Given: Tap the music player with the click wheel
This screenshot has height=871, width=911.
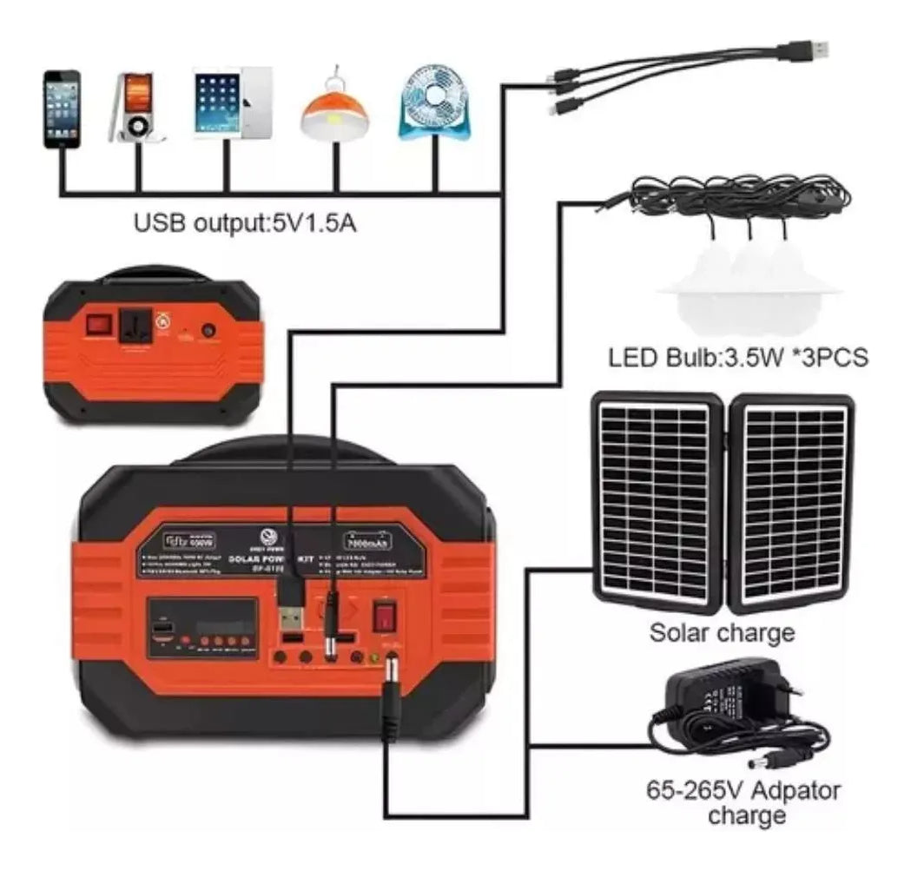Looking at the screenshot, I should click(x=135, y=108).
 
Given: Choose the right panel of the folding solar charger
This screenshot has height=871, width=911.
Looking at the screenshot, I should click(x=792, y=502).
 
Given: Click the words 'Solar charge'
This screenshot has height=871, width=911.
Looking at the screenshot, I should click(x=722, y=633).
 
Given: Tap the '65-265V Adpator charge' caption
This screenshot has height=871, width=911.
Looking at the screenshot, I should click(x=743, y=802).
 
